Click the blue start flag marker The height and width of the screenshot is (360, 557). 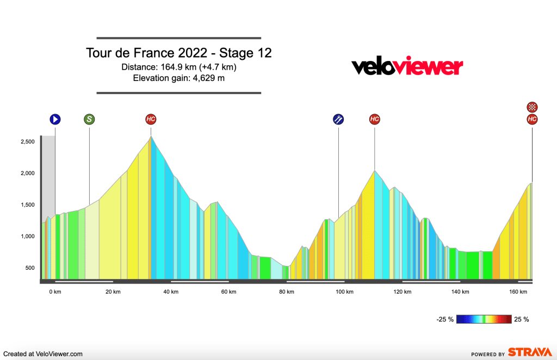(55, 119)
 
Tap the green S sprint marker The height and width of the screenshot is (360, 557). (89, 119)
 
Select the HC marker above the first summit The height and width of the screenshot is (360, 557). (151, 119)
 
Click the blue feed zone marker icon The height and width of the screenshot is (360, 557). (338, 119)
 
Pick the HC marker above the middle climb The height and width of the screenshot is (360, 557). (374, 119)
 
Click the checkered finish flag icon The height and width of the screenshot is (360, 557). (532, 107)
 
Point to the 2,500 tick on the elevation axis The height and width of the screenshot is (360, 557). (27, 142)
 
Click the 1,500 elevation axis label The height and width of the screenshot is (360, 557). (27, 205)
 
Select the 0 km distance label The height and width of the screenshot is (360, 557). (55, 292)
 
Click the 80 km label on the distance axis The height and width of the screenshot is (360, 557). (287, 292)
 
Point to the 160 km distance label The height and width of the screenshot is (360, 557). (518, 292)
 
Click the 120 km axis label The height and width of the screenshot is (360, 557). (403, 292)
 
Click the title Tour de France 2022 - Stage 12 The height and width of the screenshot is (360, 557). (179, 53)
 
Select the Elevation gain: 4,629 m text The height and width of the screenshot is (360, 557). (179, 78)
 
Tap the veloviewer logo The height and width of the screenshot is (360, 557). (407, 67)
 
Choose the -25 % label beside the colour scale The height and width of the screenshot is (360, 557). (444, 319)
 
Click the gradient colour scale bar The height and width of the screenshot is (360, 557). (484, 319)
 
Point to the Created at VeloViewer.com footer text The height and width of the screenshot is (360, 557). (42, 353)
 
